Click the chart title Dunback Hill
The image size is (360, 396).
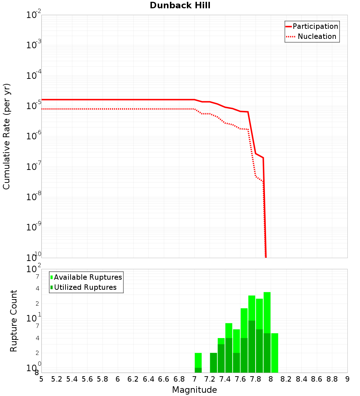(180, 5)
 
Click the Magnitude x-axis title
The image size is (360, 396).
(194, 390)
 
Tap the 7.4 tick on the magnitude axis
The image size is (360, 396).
(225, 379)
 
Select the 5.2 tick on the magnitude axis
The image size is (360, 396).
(57, 379)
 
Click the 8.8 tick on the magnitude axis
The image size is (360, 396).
(332, 379)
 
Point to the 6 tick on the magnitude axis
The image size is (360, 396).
(118, 379)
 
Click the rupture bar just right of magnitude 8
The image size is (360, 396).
(274, 353)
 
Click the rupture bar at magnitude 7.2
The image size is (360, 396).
(213, 363)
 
